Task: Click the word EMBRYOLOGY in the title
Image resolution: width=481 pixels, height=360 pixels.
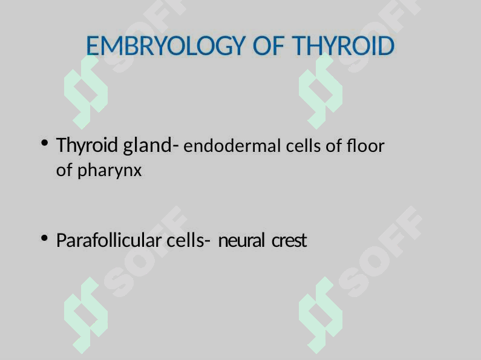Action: click(x=166, y=46)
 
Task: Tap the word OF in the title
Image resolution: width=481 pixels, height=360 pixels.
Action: click(x=268, y=46)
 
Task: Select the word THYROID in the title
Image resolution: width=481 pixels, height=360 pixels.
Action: click(x=343, y=46)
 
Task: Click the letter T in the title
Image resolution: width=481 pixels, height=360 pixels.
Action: click(x=298, y=46)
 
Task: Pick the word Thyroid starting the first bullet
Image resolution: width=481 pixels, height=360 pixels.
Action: click(x=87, y=146)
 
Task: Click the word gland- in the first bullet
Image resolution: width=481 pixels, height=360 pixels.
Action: click(x=151, y=145)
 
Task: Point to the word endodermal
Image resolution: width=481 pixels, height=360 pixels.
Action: click(x=232, y=146)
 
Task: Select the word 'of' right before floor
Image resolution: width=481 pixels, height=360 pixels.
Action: click(x=334, y=146)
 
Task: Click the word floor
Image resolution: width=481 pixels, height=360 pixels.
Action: click(x=365, y=146)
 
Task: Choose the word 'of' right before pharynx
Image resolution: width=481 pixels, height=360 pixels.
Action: click(x=64, y=170)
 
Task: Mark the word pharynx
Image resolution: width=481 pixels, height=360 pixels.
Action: click(x=110, y=171)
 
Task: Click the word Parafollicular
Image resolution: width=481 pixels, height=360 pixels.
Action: click(x=109, y=240)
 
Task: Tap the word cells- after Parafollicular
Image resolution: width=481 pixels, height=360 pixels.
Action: click(x=188, y=240)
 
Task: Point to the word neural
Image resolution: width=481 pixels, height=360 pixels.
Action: click(x=241, y=240)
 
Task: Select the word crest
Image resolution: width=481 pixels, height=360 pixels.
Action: click(x=289, y=240)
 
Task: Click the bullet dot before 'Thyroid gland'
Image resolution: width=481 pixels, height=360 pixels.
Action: click(x=45, y=143)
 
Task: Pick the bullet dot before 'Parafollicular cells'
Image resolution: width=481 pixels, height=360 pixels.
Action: click(x=45, y=238)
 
